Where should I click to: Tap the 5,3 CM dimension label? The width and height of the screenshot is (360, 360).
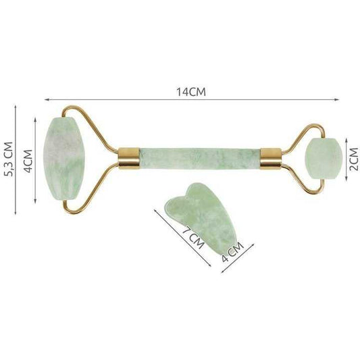click(9, 159)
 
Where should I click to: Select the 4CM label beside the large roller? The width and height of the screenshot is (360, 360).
click(26, 160)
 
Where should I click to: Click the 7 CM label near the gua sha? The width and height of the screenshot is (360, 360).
click(194, 240)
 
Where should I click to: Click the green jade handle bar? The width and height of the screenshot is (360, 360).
click(199, 157)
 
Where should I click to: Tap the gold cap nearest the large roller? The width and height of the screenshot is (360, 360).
click(129, 158)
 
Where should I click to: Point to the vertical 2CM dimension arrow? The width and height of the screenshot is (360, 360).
click(345, 156)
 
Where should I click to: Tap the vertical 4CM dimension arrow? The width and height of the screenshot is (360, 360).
click(35, 161)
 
